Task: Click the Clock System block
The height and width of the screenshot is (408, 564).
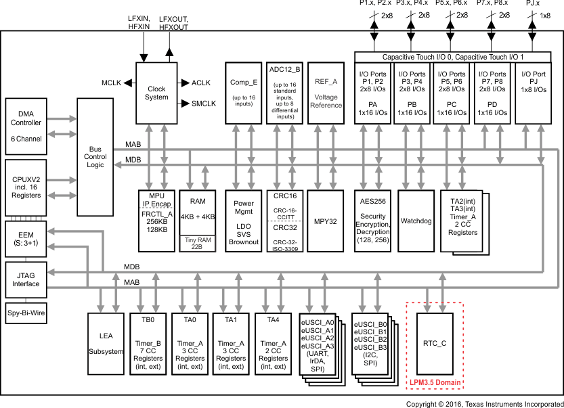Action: [x=156, y=93]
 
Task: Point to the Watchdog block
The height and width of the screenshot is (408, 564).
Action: [x=416, y=221]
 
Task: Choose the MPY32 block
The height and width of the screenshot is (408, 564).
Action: [x=325, y=221]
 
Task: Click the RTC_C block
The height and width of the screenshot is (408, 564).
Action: [x=434, y=343]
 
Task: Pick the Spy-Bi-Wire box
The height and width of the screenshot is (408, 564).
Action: [x=26, y=313]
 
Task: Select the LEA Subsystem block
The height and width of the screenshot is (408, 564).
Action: [x=106, y=343]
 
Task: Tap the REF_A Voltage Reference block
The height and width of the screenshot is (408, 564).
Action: [x=326, y=93]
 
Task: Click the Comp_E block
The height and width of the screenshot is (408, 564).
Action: [x=243, y=93]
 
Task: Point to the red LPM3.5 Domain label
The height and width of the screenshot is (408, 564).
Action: [x=434, y=383]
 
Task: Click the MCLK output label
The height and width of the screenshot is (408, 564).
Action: [x=111, y=83]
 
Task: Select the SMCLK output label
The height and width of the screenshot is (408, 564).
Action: [x=203, y=104]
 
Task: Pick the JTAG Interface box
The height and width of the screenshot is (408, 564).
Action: [x=26, y=279]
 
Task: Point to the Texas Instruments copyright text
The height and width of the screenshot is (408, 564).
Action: [x=484, y=403]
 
